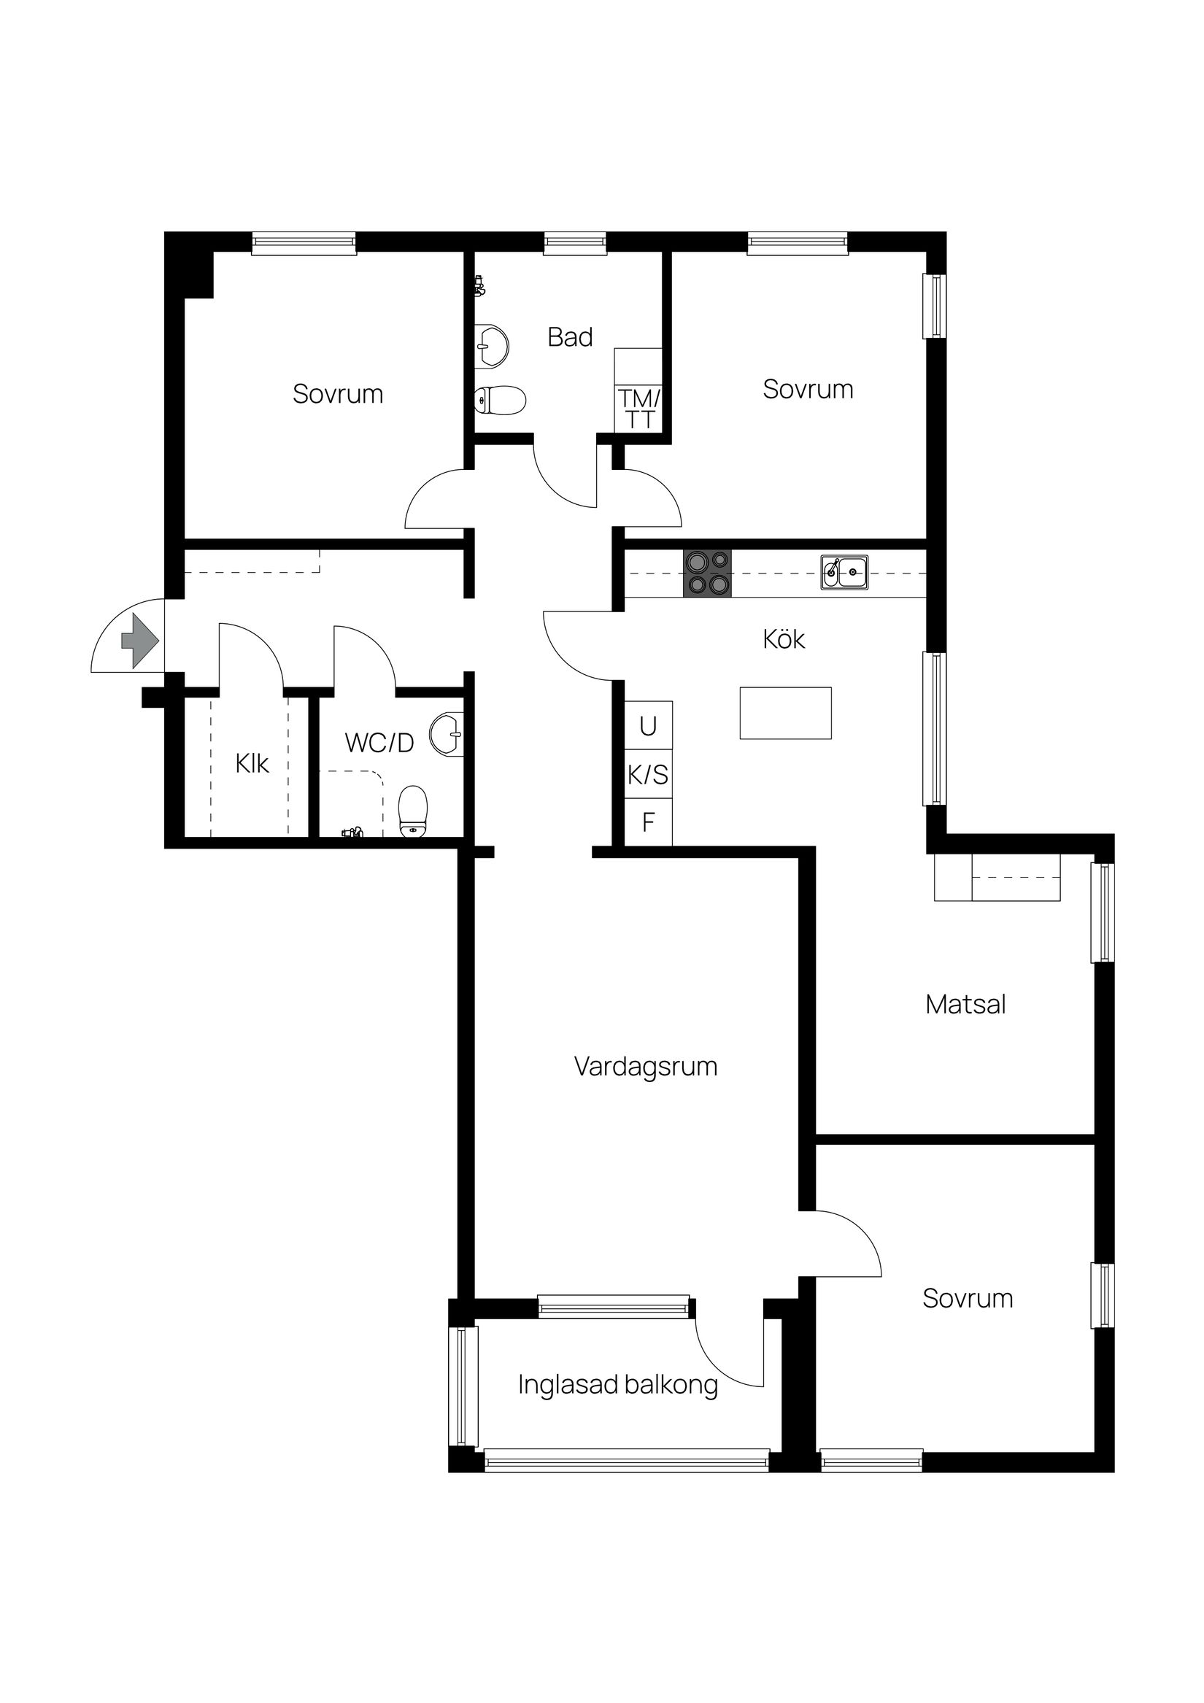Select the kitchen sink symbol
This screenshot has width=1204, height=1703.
tap(844, 573)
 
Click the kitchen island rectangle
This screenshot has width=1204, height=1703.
tap(785, 713)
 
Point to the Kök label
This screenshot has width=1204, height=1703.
tap(784, 639)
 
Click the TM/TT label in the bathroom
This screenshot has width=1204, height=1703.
tap(638, 409)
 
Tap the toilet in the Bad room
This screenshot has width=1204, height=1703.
tap(500, 401)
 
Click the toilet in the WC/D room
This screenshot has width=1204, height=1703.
tap(413, 812)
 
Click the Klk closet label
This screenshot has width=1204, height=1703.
tap(252, 764)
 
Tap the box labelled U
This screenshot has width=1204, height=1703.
tap(648, 726)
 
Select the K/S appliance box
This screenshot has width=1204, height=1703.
tap(648, 775)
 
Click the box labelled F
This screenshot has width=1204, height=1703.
tap(648, 822)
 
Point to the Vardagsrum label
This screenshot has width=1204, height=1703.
tap(645, 1067)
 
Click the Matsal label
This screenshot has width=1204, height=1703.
tap(965, 1004)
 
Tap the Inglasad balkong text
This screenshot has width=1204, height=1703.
tap(617, 1385)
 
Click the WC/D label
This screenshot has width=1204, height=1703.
tap(379, 743)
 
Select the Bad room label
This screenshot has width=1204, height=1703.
tap(570, 338)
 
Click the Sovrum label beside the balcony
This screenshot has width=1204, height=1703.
tap(968, 1299)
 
